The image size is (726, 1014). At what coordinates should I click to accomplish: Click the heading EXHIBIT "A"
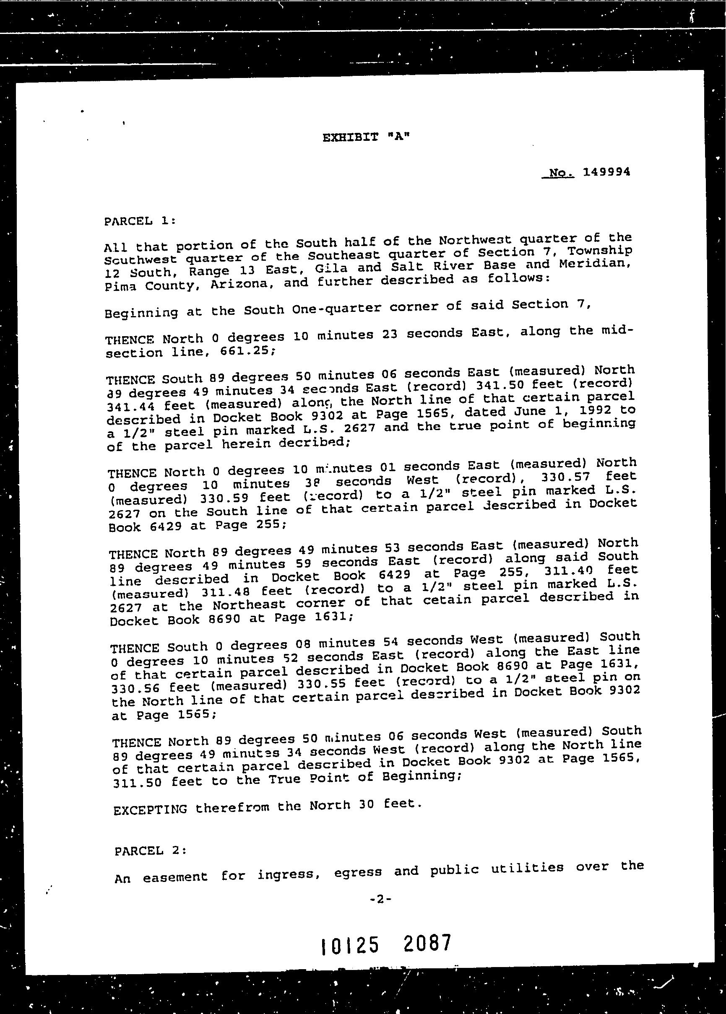pyautogui.click(x=366, y=137)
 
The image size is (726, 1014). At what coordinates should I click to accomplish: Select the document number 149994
pyautogui.click(x=606, y=172)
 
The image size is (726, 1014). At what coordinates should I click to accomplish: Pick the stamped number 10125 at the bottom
pyautogui.click(x=350, y=945)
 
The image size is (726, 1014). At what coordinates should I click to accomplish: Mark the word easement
pyautogui.click(x=175, y=877)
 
